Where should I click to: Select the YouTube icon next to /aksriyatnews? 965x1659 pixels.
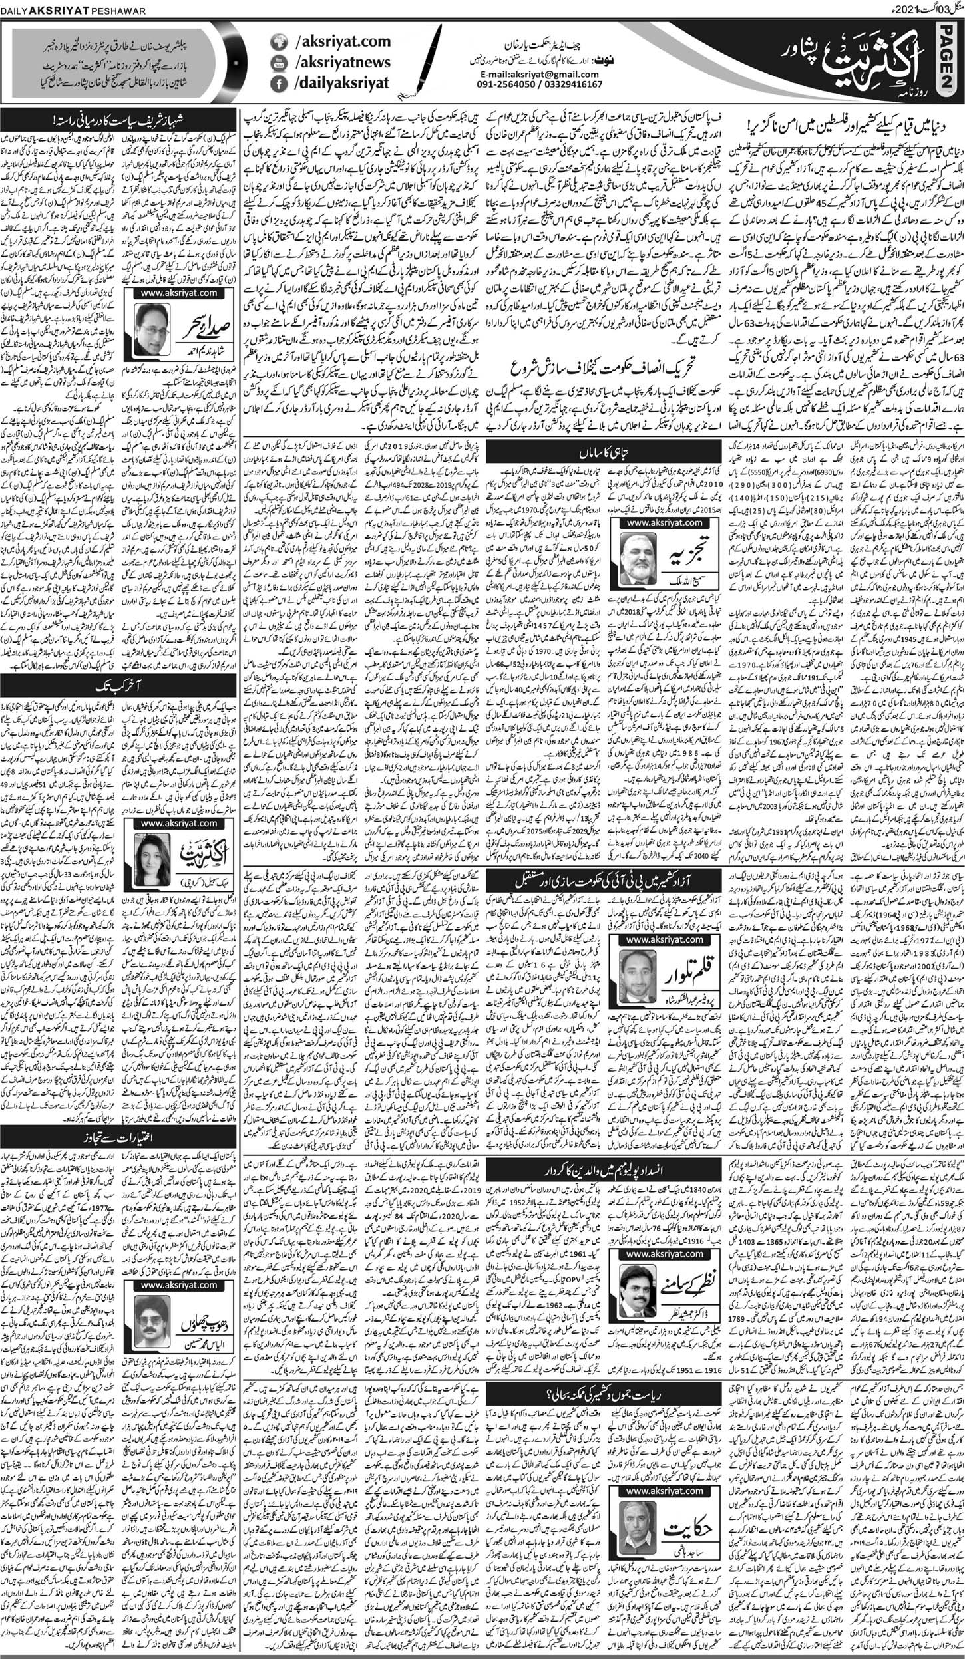(280, 63)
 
